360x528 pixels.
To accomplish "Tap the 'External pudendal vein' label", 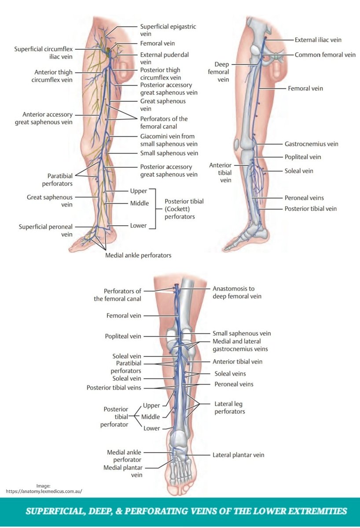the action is coord(164,59).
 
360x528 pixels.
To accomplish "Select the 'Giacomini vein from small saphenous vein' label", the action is coord(168,140).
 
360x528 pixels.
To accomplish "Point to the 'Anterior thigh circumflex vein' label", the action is coord(53,76).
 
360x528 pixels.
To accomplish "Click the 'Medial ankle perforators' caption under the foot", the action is coord(138,255).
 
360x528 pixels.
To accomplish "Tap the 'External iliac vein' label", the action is coord(318,40).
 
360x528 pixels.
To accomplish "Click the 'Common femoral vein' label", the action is coord(325,55).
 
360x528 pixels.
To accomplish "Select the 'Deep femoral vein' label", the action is coord(221,72).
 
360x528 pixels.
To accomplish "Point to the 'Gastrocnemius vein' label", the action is coord(311,144).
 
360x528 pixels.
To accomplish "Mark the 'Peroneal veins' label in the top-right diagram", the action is coord(304,198).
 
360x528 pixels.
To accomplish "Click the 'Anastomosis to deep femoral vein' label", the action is coord(237,293).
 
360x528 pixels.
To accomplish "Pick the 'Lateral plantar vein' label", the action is coord(238,455).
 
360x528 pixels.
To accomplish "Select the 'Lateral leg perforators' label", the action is coord(229,407).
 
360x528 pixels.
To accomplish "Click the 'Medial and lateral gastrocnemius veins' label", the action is coord(240,345).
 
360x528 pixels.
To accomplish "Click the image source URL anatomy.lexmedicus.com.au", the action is coord(44,491).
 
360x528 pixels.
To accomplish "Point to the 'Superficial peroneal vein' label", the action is coord(46,231).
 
